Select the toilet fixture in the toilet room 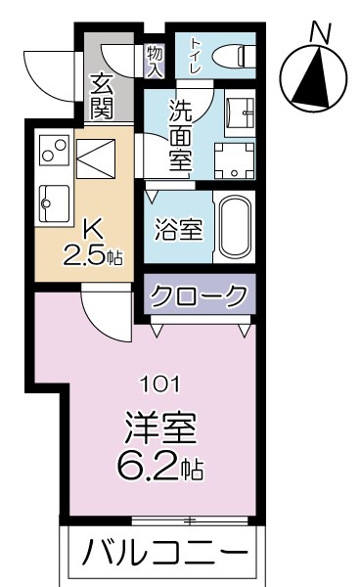point(232,56)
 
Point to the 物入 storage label point(154,58)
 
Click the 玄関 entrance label point(101,96)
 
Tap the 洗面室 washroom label point(179,137)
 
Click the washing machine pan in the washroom point(234,160)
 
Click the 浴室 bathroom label point(179,230)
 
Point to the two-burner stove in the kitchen point(52,152)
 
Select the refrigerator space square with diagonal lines point(95,157)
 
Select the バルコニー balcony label point(163,554)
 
